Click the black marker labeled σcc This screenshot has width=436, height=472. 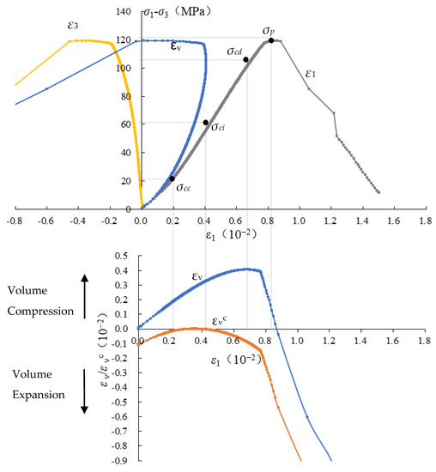(x=172, y=179)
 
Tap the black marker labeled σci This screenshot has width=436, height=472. (x=205, y=123)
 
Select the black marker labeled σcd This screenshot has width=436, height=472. (x=245, y=60)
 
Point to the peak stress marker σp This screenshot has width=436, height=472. (x=271, y=40)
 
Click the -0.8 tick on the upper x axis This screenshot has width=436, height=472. (x=15, y=221)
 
